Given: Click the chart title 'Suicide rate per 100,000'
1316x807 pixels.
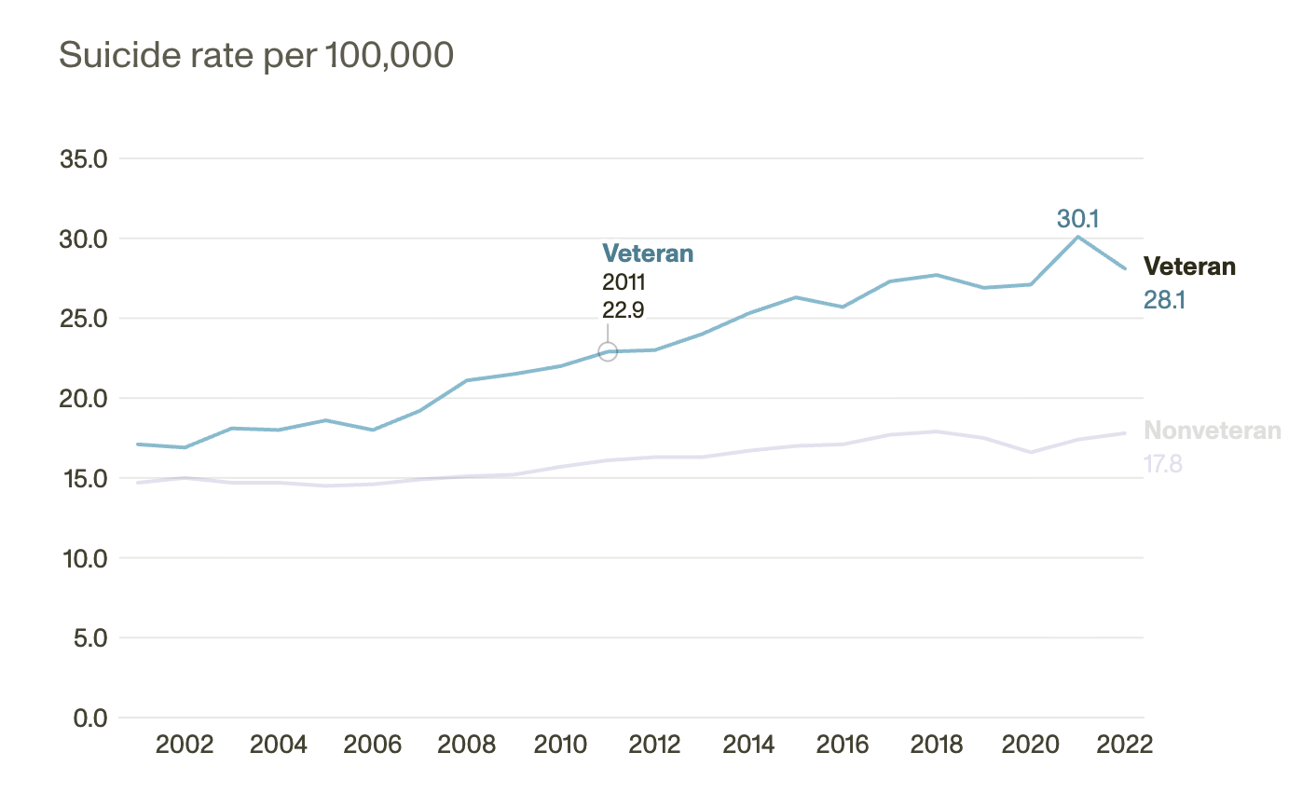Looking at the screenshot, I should click(256, 56).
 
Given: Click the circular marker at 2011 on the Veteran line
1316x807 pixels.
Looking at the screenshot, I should click(608, 351).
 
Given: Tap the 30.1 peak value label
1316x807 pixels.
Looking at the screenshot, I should click(1077, 219).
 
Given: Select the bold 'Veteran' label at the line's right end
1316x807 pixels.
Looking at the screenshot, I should click(1189, 267).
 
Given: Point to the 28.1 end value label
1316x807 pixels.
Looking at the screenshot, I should click(1164, 300).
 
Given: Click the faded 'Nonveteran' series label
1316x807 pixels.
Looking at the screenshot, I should click(1212, 431).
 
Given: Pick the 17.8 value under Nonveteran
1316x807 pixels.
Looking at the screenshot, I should click(1163, 463).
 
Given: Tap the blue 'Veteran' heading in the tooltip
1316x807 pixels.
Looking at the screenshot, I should click(648, 253).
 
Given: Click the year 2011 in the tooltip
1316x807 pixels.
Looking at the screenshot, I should click(624, 282).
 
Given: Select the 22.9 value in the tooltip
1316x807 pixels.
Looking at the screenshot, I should click(624, 309).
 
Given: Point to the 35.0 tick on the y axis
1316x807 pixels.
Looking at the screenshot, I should click(84, 159).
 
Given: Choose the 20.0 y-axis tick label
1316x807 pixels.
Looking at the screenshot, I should click(84, 399).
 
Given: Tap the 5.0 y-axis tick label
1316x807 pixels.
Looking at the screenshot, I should click(89, 638).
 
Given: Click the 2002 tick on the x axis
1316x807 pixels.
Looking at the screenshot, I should click(185, 745).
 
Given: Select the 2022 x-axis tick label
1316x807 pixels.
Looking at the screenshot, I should click(1125, 745).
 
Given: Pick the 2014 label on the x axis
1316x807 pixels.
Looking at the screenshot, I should click(748, 745).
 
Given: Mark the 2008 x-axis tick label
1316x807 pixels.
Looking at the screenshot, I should click(467, 745).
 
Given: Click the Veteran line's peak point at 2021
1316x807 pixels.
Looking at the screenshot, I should click(1077, 237).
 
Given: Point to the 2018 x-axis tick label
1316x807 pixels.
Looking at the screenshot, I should click(937, 745).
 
